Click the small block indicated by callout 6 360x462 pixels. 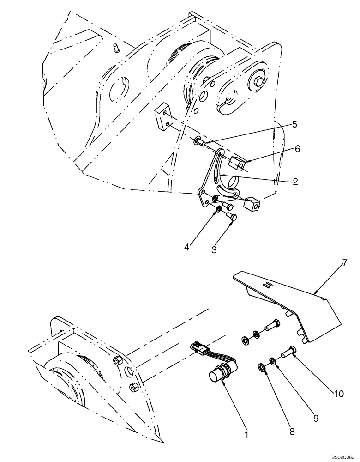pos(236,163)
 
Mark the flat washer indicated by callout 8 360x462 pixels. pos(261,368)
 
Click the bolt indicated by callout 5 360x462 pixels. pos(200,141)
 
